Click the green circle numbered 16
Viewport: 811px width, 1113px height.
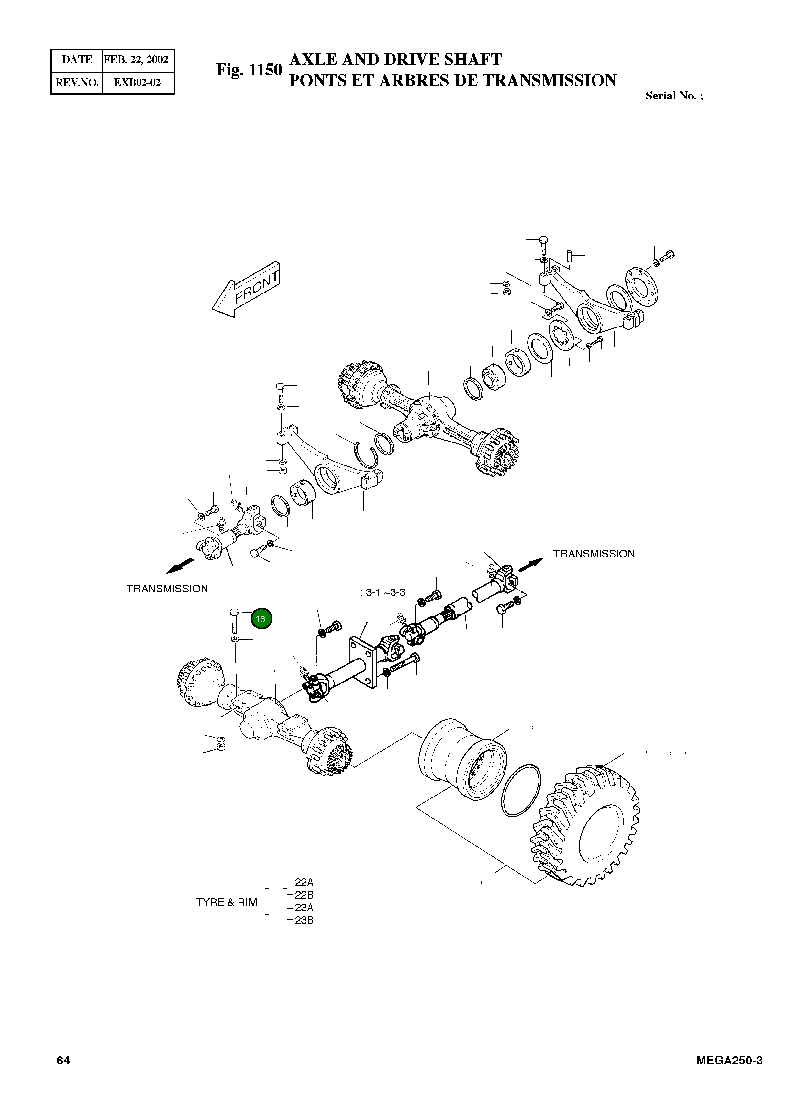(x=260, y=619)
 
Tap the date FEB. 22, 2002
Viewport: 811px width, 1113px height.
(x=136, y=60)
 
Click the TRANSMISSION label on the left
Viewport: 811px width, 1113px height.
(x=167, y=589)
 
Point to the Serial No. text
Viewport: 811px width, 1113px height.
(x=673, y=96)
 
